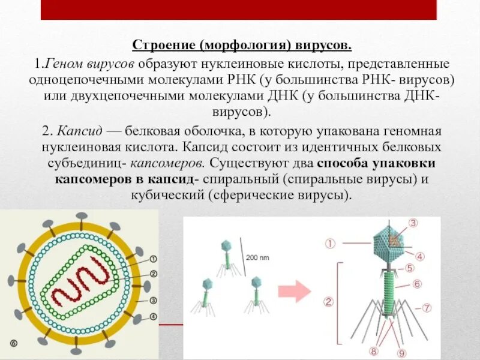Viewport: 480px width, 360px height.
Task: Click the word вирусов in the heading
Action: click(327, 46)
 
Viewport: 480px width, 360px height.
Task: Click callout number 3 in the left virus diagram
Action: click(153, 301)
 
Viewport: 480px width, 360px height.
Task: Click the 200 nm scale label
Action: click(257, 257)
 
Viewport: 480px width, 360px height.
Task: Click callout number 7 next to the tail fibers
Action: click(427, 308)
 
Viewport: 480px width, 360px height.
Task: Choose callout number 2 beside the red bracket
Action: click(329, 302)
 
